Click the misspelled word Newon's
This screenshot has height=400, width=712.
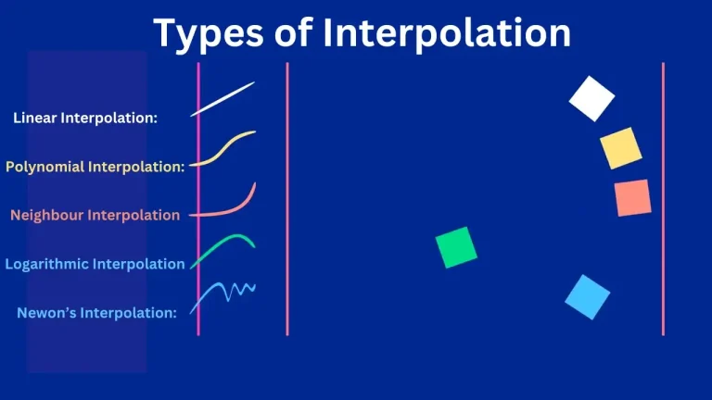(46, 313)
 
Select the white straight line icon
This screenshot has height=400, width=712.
(222, 99)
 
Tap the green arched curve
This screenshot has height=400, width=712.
(223, 247)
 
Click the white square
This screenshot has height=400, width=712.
(591, 99)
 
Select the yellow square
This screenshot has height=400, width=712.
(620, 148)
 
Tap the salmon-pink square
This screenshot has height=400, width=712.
(632, 198)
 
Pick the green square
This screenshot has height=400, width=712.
(456, 247)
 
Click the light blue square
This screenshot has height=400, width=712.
(588, 297)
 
